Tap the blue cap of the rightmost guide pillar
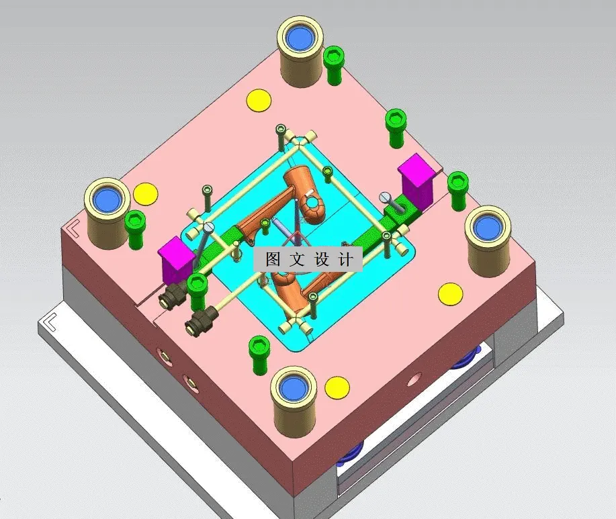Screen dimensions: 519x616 tap(488, 227)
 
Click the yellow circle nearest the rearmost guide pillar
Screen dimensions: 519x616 tap(259, 100)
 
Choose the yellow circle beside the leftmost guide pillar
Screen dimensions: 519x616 tap(145, 193)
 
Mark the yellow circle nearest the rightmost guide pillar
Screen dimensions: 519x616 tap(450, 293)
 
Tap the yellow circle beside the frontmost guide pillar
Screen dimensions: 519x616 tap(337, 386)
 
